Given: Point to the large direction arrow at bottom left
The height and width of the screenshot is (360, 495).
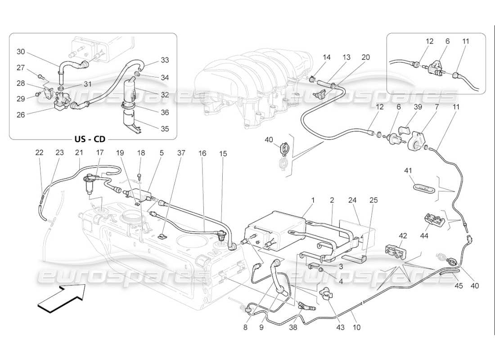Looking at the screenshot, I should (x=61, y=299).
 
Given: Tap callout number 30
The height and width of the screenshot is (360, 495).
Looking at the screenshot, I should (x=21, y=52).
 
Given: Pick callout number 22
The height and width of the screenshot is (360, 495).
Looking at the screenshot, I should (x=40, y=153).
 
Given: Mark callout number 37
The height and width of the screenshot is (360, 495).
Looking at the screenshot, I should (x=181, y=153).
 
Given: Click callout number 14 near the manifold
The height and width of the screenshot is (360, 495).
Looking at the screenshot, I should (x=327, y=57).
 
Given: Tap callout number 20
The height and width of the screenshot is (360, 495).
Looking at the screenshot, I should (x=365, y=57).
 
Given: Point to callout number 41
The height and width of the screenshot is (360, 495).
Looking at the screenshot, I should (x=408, y=171).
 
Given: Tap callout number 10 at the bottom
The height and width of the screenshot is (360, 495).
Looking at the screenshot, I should (x=357, y=328).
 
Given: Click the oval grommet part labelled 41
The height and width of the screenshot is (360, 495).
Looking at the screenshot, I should (x=423, y=187).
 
